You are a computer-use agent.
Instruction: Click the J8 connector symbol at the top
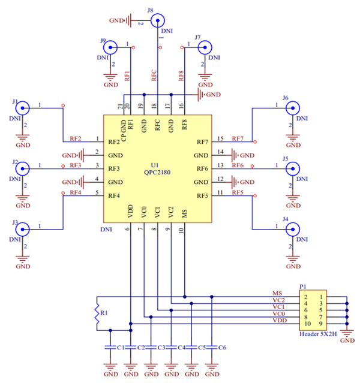(157, 21)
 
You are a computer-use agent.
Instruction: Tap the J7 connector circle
(205, 48)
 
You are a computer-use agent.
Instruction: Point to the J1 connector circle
(23, 108)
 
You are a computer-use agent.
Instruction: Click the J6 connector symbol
(292, 108)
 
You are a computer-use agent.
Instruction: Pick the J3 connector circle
(23, 228)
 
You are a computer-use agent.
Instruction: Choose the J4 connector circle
(292, 228)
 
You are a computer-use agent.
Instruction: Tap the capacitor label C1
(121, 348)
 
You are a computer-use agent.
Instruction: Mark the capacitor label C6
(222, 348)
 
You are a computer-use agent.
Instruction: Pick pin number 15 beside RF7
(220, 138)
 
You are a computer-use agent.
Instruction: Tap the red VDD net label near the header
(279, 321)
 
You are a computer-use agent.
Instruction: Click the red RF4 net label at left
(75, 192)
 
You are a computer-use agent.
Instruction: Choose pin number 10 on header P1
(306, 324)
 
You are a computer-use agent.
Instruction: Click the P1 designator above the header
(303, 287)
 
